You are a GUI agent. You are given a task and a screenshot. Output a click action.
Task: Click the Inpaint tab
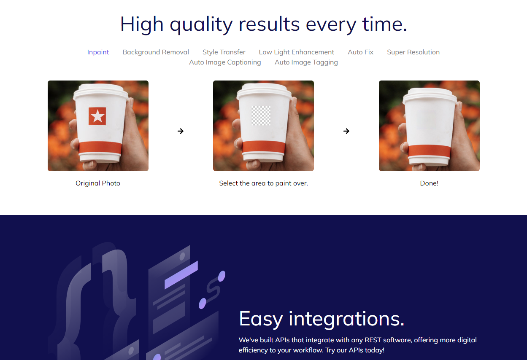(98, 52)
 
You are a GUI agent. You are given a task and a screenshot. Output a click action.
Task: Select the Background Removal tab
(156, 52)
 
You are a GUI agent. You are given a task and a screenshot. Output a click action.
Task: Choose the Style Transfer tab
(224, 52)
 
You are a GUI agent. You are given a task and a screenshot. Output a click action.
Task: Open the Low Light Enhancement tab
(297, 52)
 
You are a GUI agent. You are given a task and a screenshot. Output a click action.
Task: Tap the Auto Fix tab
(360, 52)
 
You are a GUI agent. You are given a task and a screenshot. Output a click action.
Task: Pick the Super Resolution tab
(413, 52)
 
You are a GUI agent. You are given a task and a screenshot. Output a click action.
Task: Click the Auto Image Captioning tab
(225, 62)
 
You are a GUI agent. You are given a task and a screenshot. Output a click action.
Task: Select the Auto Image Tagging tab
(306, 62)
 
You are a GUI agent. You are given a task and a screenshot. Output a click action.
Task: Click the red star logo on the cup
(97, 116)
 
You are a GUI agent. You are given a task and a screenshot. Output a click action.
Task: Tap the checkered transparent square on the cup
(261, 116)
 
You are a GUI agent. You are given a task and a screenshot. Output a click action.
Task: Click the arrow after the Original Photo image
(181, 131)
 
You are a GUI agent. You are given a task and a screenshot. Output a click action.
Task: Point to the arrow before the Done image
(346, 131)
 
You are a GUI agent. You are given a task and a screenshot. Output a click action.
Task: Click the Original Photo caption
(98, 183)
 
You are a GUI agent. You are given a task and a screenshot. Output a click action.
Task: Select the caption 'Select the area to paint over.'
(263, 183)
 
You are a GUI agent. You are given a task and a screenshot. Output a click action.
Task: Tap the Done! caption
(429, 183)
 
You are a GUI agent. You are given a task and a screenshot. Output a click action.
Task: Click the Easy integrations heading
(322, 319)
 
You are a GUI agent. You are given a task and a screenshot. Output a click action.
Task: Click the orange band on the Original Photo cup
(100, 148)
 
